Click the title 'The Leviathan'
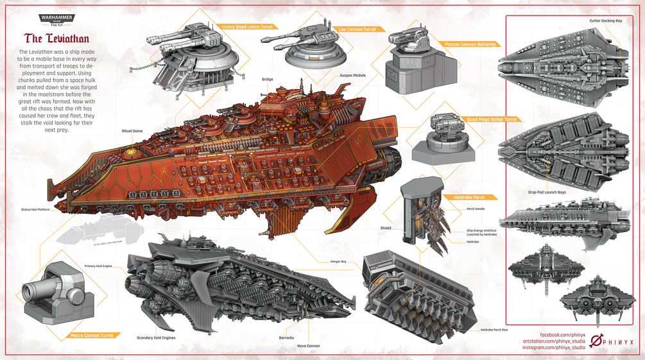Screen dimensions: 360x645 pos(56,39)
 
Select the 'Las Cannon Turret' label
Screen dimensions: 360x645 pos(356,29)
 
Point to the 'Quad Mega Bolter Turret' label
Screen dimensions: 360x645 pos(492,119)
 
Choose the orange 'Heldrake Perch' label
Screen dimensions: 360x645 pos(468,197)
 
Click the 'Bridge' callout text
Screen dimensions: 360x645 pos(267,80)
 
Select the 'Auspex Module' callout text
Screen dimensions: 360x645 pos(352,76)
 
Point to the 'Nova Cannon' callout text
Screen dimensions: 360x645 pos(308,346)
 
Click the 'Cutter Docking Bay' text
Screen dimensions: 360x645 pos(605,21)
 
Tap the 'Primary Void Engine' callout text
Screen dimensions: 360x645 pos(99,266)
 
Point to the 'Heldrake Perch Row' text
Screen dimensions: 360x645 pos(494,330)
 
